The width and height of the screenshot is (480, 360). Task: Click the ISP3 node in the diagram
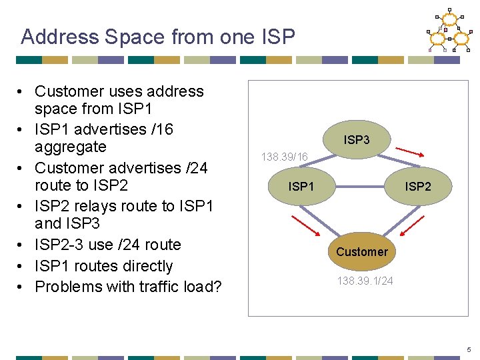(357, 141)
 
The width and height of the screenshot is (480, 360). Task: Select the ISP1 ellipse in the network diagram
(301, 186)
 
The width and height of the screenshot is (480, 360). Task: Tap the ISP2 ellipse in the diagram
(418, 186)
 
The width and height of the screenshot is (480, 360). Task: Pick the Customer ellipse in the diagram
(361, 251)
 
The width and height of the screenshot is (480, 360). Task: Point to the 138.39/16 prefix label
(285, 157)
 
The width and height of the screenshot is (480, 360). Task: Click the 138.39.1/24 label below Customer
(365, 281)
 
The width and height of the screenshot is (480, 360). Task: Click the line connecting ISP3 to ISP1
(324, 162)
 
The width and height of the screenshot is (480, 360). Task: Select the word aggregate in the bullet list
(70, 147)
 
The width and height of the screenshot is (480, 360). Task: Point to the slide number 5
(469, 349)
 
